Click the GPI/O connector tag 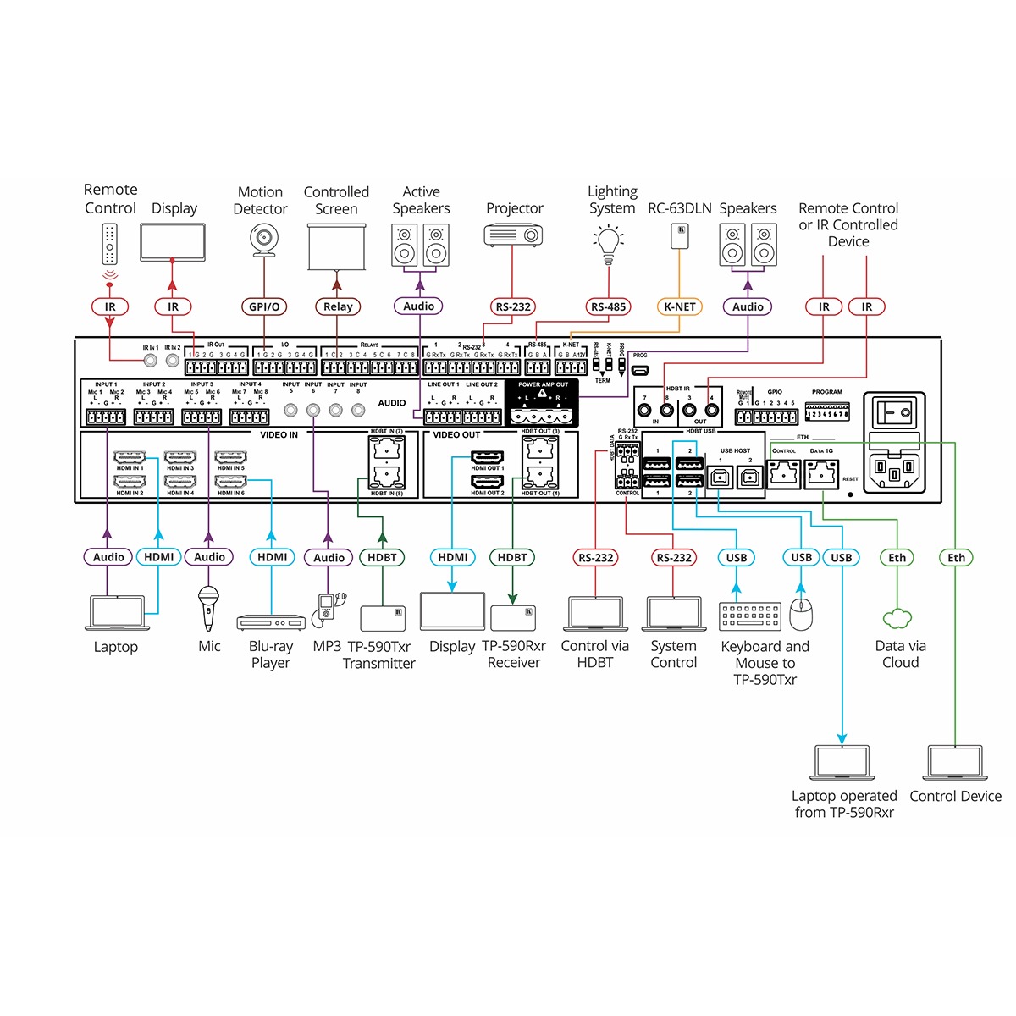coord(264,306)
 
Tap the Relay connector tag coord(337,306)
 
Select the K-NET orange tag coord(679,306)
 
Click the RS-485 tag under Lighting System coord(609,306)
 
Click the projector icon coord(513,235)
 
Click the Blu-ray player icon coord(271,622)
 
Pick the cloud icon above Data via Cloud coord(897,619)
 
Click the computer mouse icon coord(800,615)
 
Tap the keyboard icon coord(750,616)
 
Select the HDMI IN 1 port coord(130,457)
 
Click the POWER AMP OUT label coord(543,385)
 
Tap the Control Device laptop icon coord(955,762)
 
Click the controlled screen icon coord(337,246)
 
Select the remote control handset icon coord(110,244)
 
